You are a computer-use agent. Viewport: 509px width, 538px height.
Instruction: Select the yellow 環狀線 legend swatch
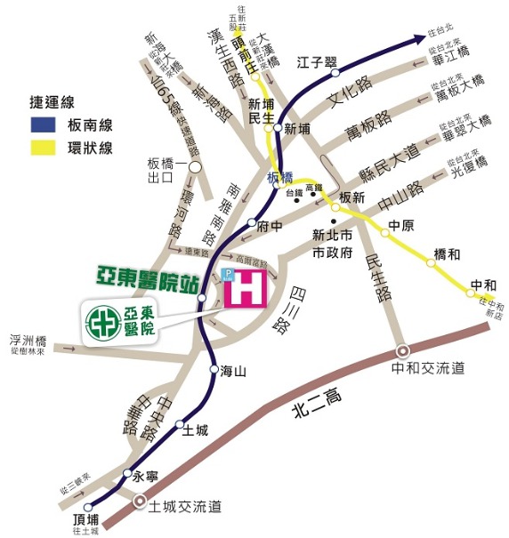click(43, 149)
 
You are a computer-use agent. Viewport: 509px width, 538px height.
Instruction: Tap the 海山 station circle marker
click(214, 368)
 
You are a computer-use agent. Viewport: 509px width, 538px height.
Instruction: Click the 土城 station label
click(195, 430)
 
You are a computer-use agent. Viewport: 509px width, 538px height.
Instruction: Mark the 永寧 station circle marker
click(127, 473)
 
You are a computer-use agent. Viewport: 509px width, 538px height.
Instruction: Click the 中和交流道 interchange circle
click(403, 351)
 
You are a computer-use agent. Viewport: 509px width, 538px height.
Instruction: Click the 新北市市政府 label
click(334, 245)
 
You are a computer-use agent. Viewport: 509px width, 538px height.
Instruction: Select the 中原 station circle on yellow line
click(385, 233)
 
